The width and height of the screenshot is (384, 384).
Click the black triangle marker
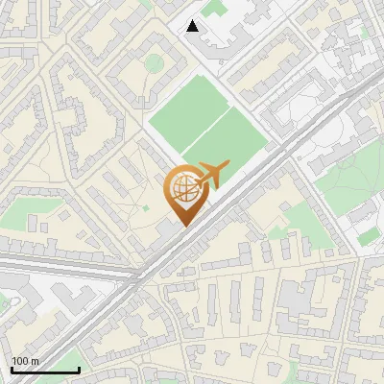[x=193, y=26]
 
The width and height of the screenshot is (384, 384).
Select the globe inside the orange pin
[x=182, y=189]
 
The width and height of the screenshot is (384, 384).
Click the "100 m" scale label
[x=26, y=361]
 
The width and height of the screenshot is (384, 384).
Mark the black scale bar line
[x=45, y=370]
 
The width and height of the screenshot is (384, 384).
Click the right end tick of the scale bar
[x=79, y=368]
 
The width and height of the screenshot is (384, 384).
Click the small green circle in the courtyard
[x=154, y=63]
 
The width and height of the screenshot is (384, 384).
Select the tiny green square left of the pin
[x=146, y=207]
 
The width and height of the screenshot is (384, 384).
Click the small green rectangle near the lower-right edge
[x=368, y=235]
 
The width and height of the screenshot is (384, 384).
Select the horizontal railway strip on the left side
[x=58, y=262]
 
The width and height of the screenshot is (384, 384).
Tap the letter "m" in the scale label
[x=35, y=361]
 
